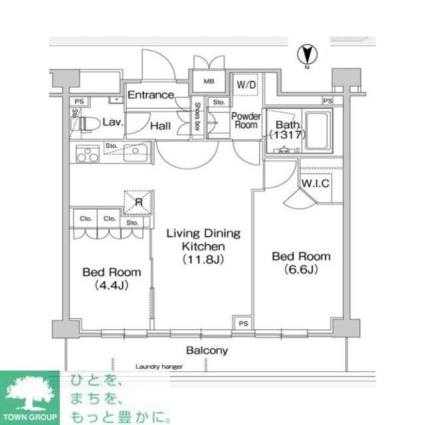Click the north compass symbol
307,53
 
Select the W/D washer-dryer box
246,84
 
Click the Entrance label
151,95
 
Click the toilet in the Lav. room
85,123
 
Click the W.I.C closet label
316,183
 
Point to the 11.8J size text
203,260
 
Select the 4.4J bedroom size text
112,286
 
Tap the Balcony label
207,350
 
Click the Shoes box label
198,117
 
